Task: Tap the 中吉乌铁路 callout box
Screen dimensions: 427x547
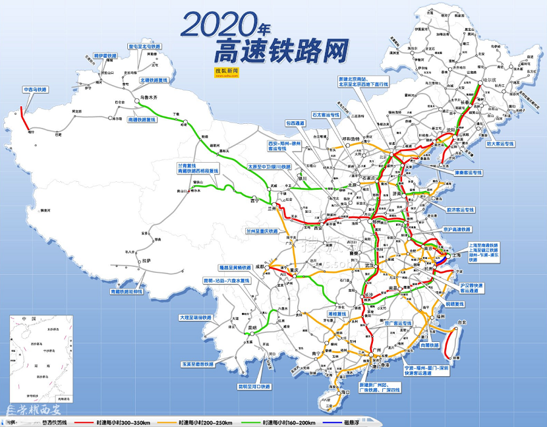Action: (x=36, y=89)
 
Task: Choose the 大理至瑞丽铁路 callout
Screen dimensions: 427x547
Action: (x=196, y=317)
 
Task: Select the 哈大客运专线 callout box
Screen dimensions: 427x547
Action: (x=499, y=142)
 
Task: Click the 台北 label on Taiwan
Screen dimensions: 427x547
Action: (x=461, y=322)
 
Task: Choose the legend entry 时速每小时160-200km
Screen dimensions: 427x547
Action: (x=289, y=422)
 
